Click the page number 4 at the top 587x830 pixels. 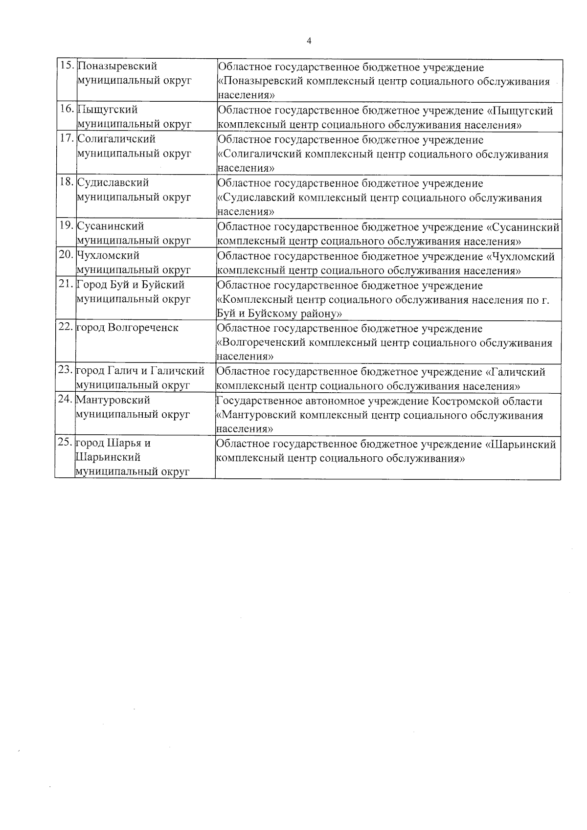pyautogui.click(x=309, y=41)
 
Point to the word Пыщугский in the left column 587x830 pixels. pyautogui.click(x=108, y=110)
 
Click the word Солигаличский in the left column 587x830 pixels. pyautogui.click(x=116, y=139)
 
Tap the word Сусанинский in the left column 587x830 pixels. pyautogui.click(x=111, y=226)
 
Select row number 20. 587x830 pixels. pyautogui.click(x=66, y=255)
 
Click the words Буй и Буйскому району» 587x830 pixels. pyautogui.click(x=279, y=314)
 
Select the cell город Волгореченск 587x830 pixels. pyautogui.click(x=126, y=328)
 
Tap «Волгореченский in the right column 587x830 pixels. pyautogui.click(x=262, y=343)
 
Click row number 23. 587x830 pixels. pyautogui.click(x=66, y=371)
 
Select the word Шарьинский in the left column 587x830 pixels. pyautogui.click(x=108, y=457)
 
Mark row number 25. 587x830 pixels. pyautogui.click(x=65, y=443)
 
